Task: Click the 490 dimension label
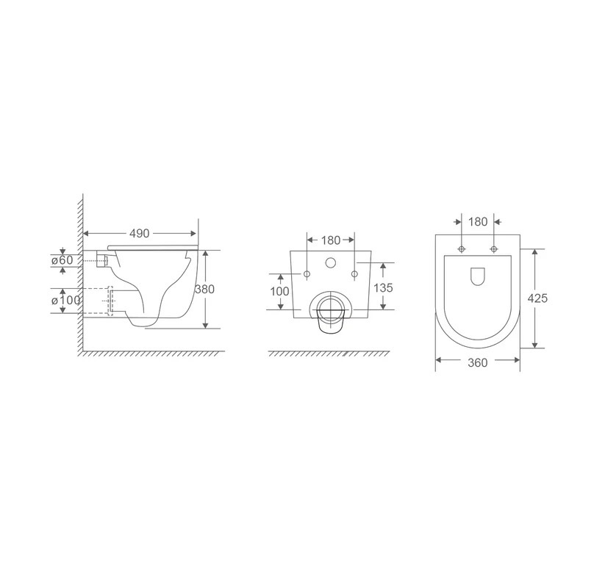point(140,234)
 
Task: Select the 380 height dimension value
point(204,289)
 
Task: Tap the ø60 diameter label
point(62,260)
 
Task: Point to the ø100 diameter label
point(66,301)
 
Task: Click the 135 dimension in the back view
point(383,288)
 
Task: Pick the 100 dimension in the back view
point(279,291)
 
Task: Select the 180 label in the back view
point(331,240)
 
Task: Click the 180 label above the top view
point(478,222)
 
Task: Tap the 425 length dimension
point(537,298)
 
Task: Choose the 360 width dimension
point(477,363)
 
